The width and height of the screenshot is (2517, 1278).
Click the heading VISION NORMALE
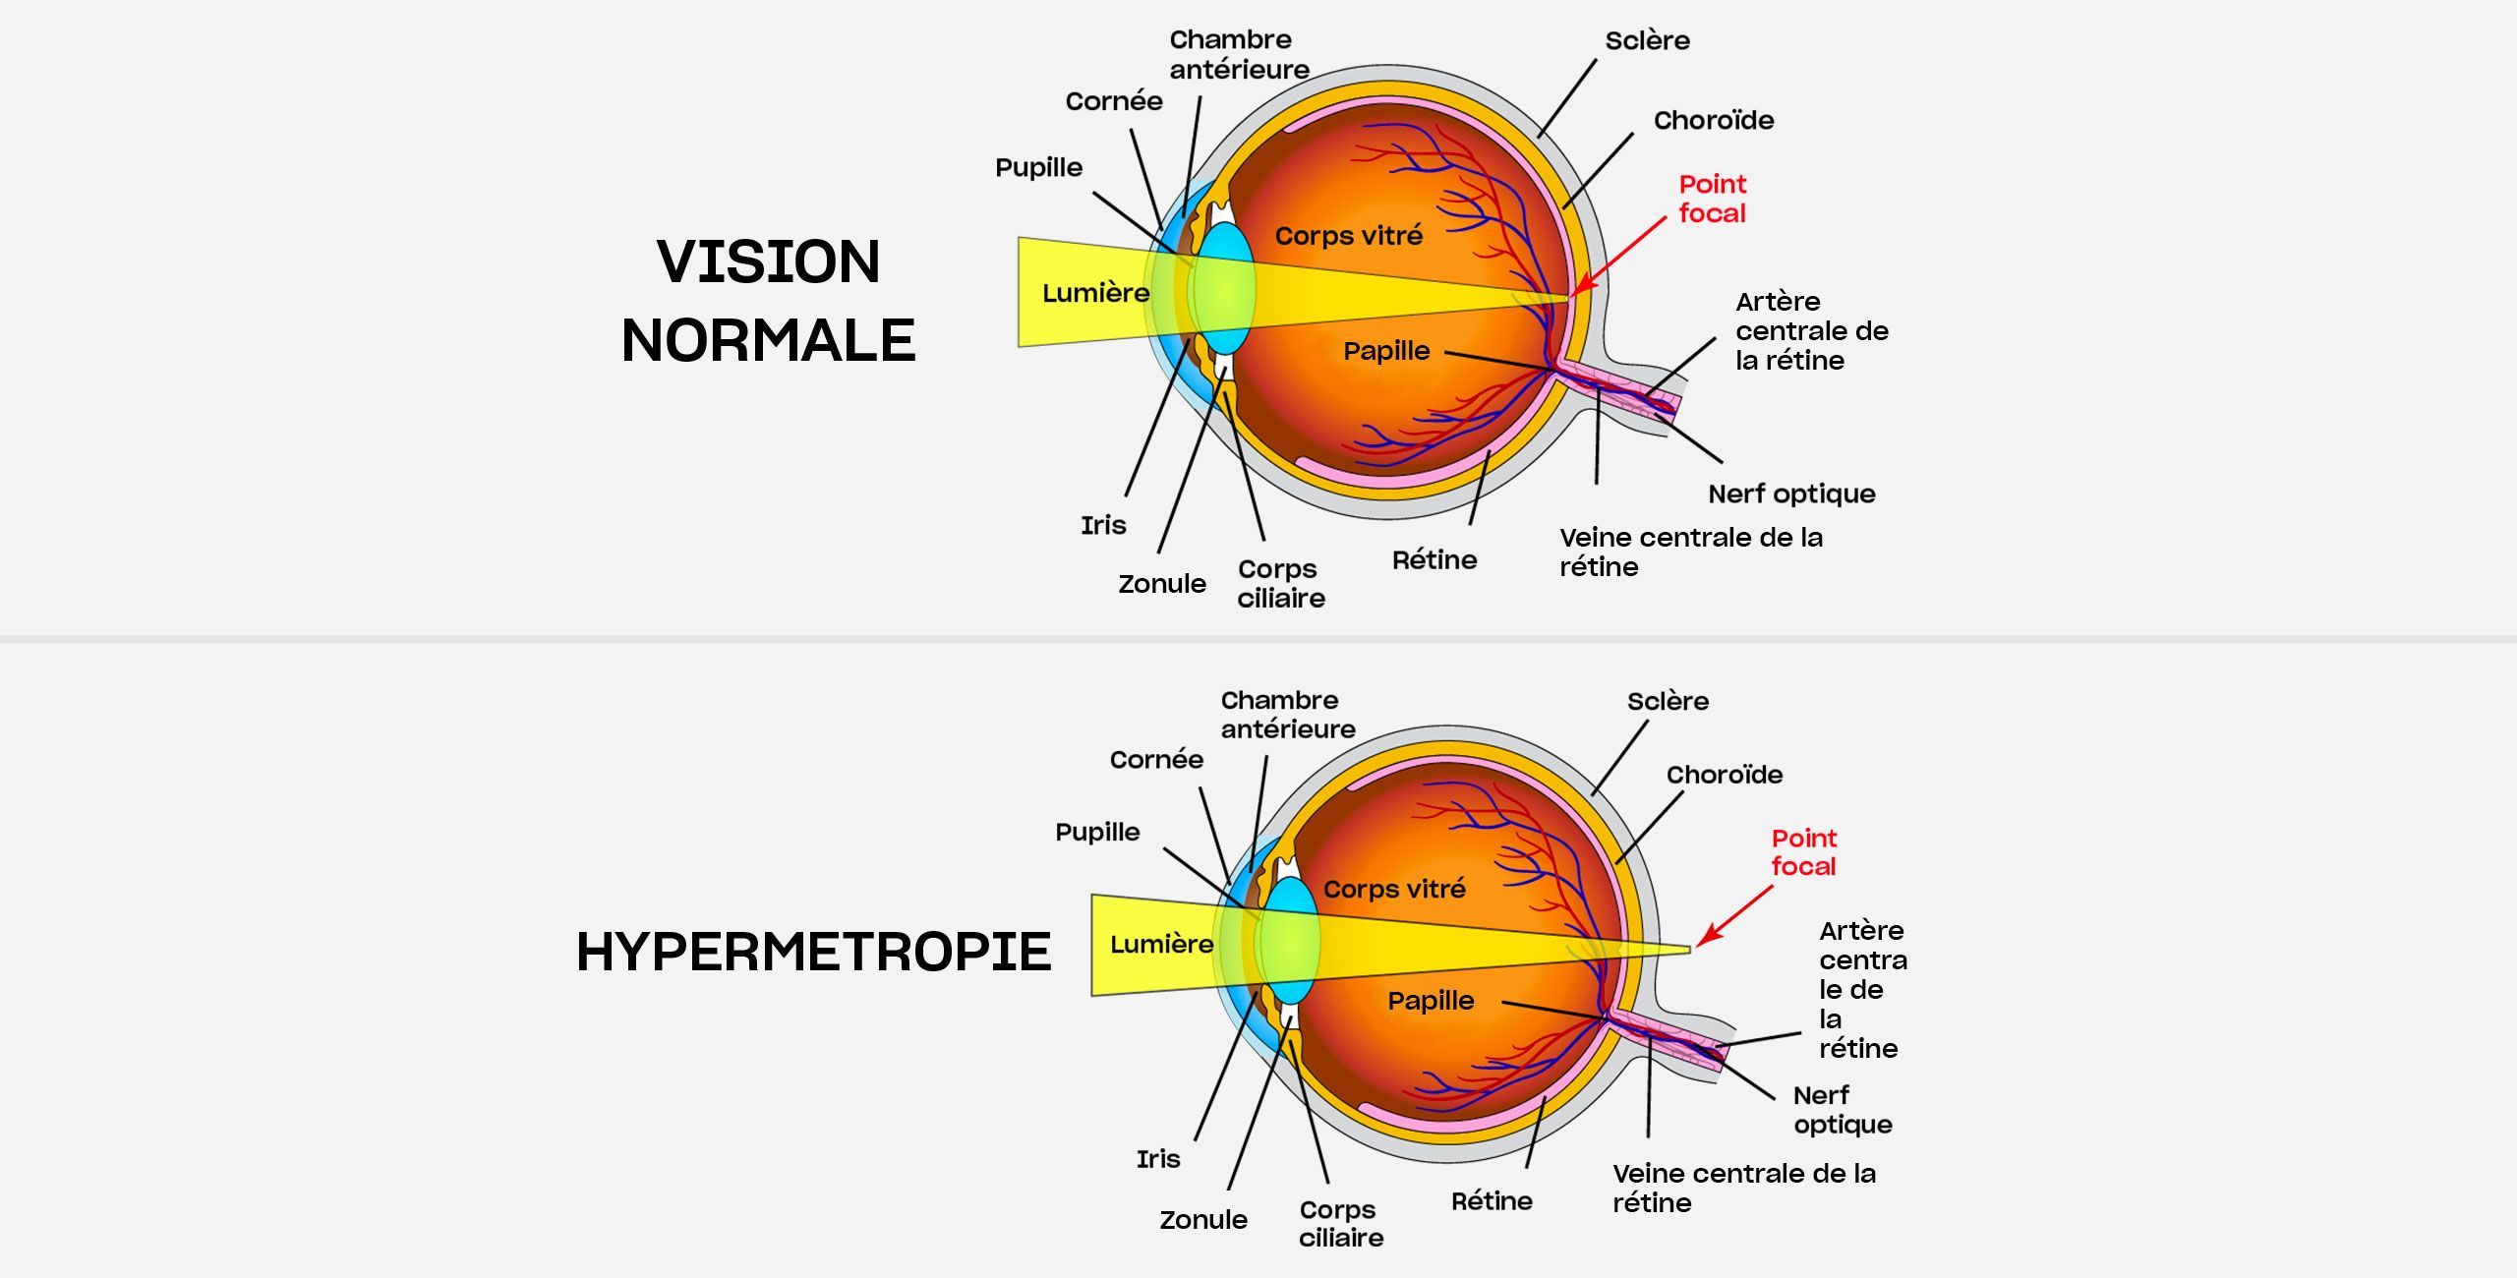point(768,301)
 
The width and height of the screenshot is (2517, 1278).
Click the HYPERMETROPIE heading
point(813,952)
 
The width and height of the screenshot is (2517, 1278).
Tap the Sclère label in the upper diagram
point(1647,40)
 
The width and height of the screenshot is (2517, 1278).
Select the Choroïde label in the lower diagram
point(1724,775)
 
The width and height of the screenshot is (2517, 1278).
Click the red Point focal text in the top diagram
point(1712,199)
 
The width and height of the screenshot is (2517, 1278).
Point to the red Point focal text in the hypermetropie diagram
point(1803,852)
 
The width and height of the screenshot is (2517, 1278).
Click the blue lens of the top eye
point(1223,288)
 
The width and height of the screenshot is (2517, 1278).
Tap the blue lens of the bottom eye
point(1290,941)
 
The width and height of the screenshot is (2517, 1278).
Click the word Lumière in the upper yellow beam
point(1095,293)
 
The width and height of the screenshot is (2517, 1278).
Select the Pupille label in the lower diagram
point(1097,832)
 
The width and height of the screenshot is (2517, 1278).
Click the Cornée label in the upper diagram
point(1113,101)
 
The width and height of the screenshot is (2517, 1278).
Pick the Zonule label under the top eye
point(1161,584)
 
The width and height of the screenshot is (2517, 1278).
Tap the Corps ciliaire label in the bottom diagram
point(1340,1223)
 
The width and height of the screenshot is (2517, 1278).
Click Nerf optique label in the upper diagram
point(1790,494)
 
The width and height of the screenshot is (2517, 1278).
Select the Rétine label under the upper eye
point(1434,560)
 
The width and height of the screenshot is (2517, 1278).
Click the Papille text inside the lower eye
point(1431,1001)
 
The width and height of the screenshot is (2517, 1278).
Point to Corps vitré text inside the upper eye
point(1348,236)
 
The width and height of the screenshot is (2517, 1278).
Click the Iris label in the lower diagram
point(1157,1159)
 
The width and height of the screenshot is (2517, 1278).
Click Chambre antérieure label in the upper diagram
point(1238,54)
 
